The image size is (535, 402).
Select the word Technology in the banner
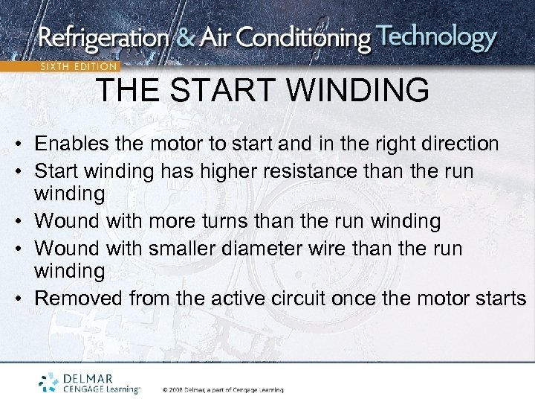pyautogui.click(x=435, y=37)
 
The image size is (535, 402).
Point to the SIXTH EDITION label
pyautogui.click(x=78, y=66)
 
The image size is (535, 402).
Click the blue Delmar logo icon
pyautogui.click(x=49, y=382)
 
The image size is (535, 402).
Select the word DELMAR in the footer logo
pyautogui.click(x=88, y=377)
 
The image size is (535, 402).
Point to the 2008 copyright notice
pyautogui.click(x=223, y=389)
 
